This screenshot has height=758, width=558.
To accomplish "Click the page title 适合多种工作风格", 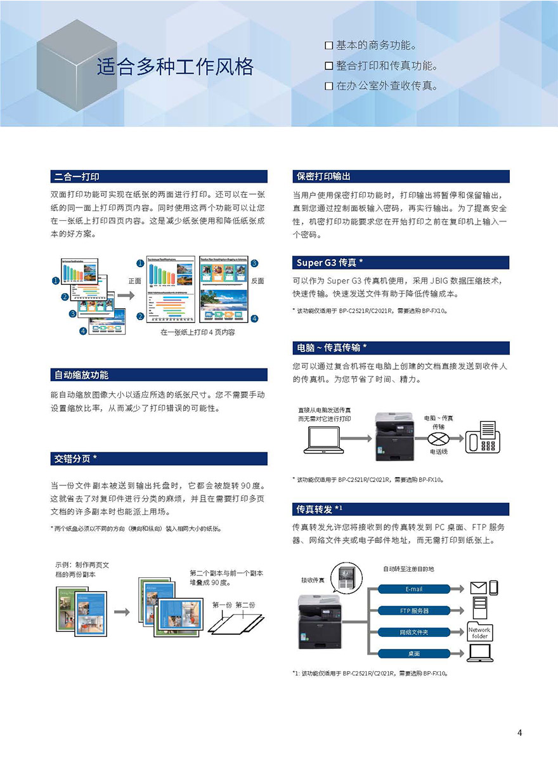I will (x=175, y=67).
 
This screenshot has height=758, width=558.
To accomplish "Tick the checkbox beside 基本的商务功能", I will (x=328, y=46).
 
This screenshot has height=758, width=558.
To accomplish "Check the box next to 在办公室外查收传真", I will (x=328, y=86).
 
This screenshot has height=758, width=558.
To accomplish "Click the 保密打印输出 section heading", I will (x=323, y=176).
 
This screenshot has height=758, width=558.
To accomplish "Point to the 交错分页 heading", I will (x=75, y=459).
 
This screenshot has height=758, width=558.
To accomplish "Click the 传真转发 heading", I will (x=320, y=509).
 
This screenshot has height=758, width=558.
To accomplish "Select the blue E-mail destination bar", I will (x=413, y=589).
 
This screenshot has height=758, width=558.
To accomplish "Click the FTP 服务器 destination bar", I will (x=413, y=611).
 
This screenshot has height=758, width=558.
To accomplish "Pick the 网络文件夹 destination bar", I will (x=413, y=632).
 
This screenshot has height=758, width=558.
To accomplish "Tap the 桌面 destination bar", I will (x=413, y=653).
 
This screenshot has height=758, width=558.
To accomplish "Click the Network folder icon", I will (x=479, y=632).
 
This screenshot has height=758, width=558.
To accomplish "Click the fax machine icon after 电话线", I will (x=481, y=437).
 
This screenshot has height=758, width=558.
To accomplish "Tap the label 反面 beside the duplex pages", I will (x=257, y=280).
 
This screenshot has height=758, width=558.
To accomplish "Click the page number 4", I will (x=519, y=733).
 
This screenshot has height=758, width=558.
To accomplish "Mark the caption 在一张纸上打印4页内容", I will (x=197, y=332).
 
